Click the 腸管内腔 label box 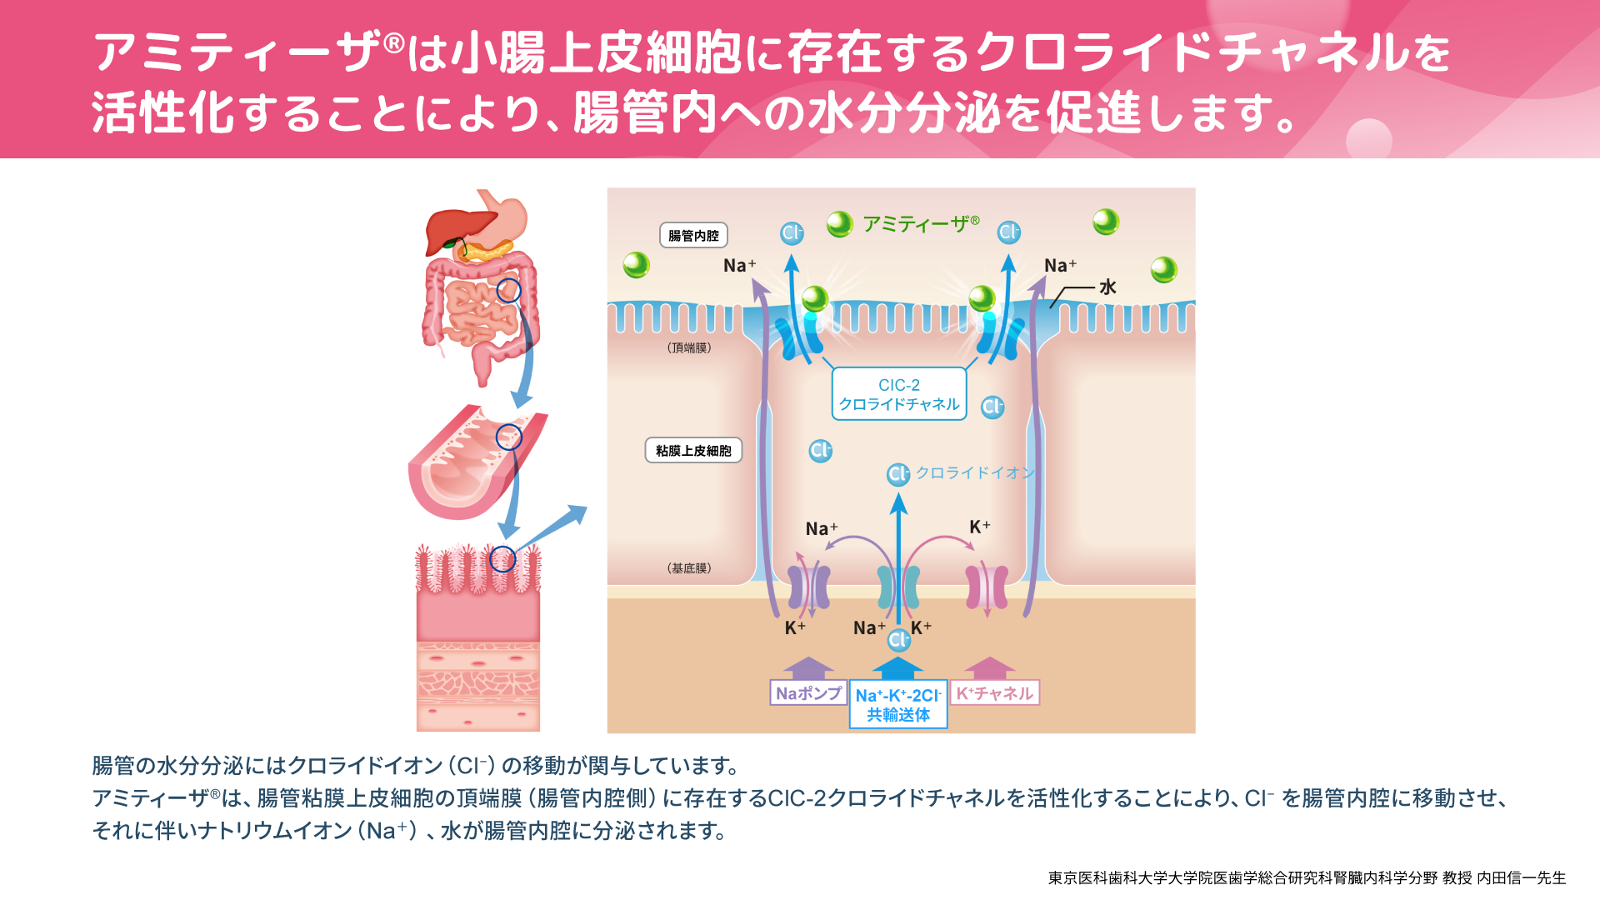point(693,236)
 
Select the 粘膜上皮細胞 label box point(693,451)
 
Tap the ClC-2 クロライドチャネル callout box point(899,394)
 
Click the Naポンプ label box point(807,693)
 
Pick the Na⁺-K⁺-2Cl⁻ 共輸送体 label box point(898,705)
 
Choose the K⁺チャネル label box point(994,693)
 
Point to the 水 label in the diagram point(1107,287)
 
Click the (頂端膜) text point(689,347)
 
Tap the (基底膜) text point(689,568)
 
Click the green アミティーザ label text point(921,223)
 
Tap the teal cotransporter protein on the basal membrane point(898,587)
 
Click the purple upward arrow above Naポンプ point(807,667)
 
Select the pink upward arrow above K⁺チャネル point(989,667)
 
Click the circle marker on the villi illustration point(502,559)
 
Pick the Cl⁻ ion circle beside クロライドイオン point(897,474)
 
